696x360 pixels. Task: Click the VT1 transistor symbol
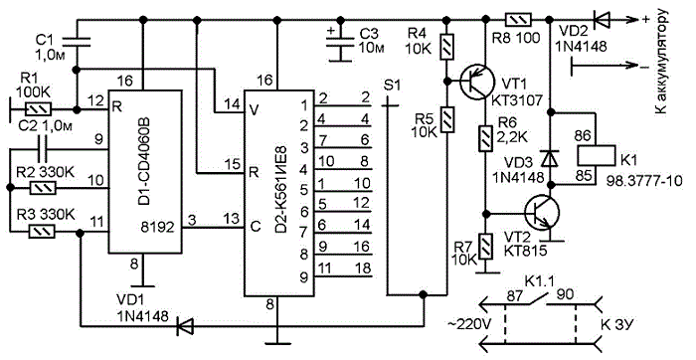tap(476, 83)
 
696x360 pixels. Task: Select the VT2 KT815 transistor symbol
tap(541, 213)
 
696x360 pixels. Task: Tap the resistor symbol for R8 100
tap(517, 20)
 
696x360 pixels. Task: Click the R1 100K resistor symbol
tap(40, 109)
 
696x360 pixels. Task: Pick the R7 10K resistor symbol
tap(487, 248)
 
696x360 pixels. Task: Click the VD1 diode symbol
tap(183, 327)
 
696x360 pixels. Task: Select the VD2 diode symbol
tap(601, 20)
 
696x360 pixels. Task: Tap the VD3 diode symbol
tap(551, 157)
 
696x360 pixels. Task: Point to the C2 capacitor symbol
tap(42, 150)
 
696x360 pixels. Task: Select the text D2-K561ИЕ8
tap(281, 190)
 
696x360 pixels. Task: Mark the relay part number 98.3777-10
tap(644, 182)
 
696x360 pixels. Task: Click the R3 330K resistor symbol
tap(42, 232)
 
